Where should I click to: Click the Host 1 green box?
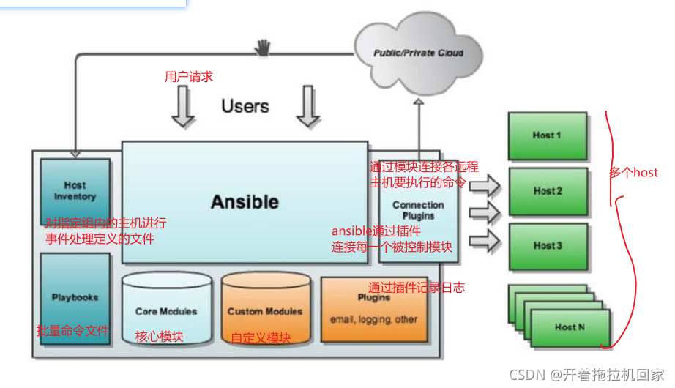point(547,135)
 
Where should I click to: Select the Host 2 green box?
point(548,191)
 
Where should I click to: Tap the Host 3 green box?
point(548,246)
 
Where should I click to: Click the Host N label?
point(570,327)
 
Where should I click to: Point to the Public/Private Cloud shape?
point(418,53)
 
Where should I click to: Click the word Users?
point(245,106)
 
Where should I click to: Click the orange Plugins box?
point(373,309)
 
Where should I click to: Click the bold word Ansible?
point(245,201)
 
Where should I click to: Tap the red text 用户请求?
point(189,77)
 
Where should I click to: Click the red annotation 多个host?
point(634,174)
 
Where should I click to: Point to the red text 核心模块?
point(160,337)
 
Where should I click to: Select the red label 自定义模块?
point(261,338)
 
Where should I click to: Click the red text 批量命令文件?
point(72,332)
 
